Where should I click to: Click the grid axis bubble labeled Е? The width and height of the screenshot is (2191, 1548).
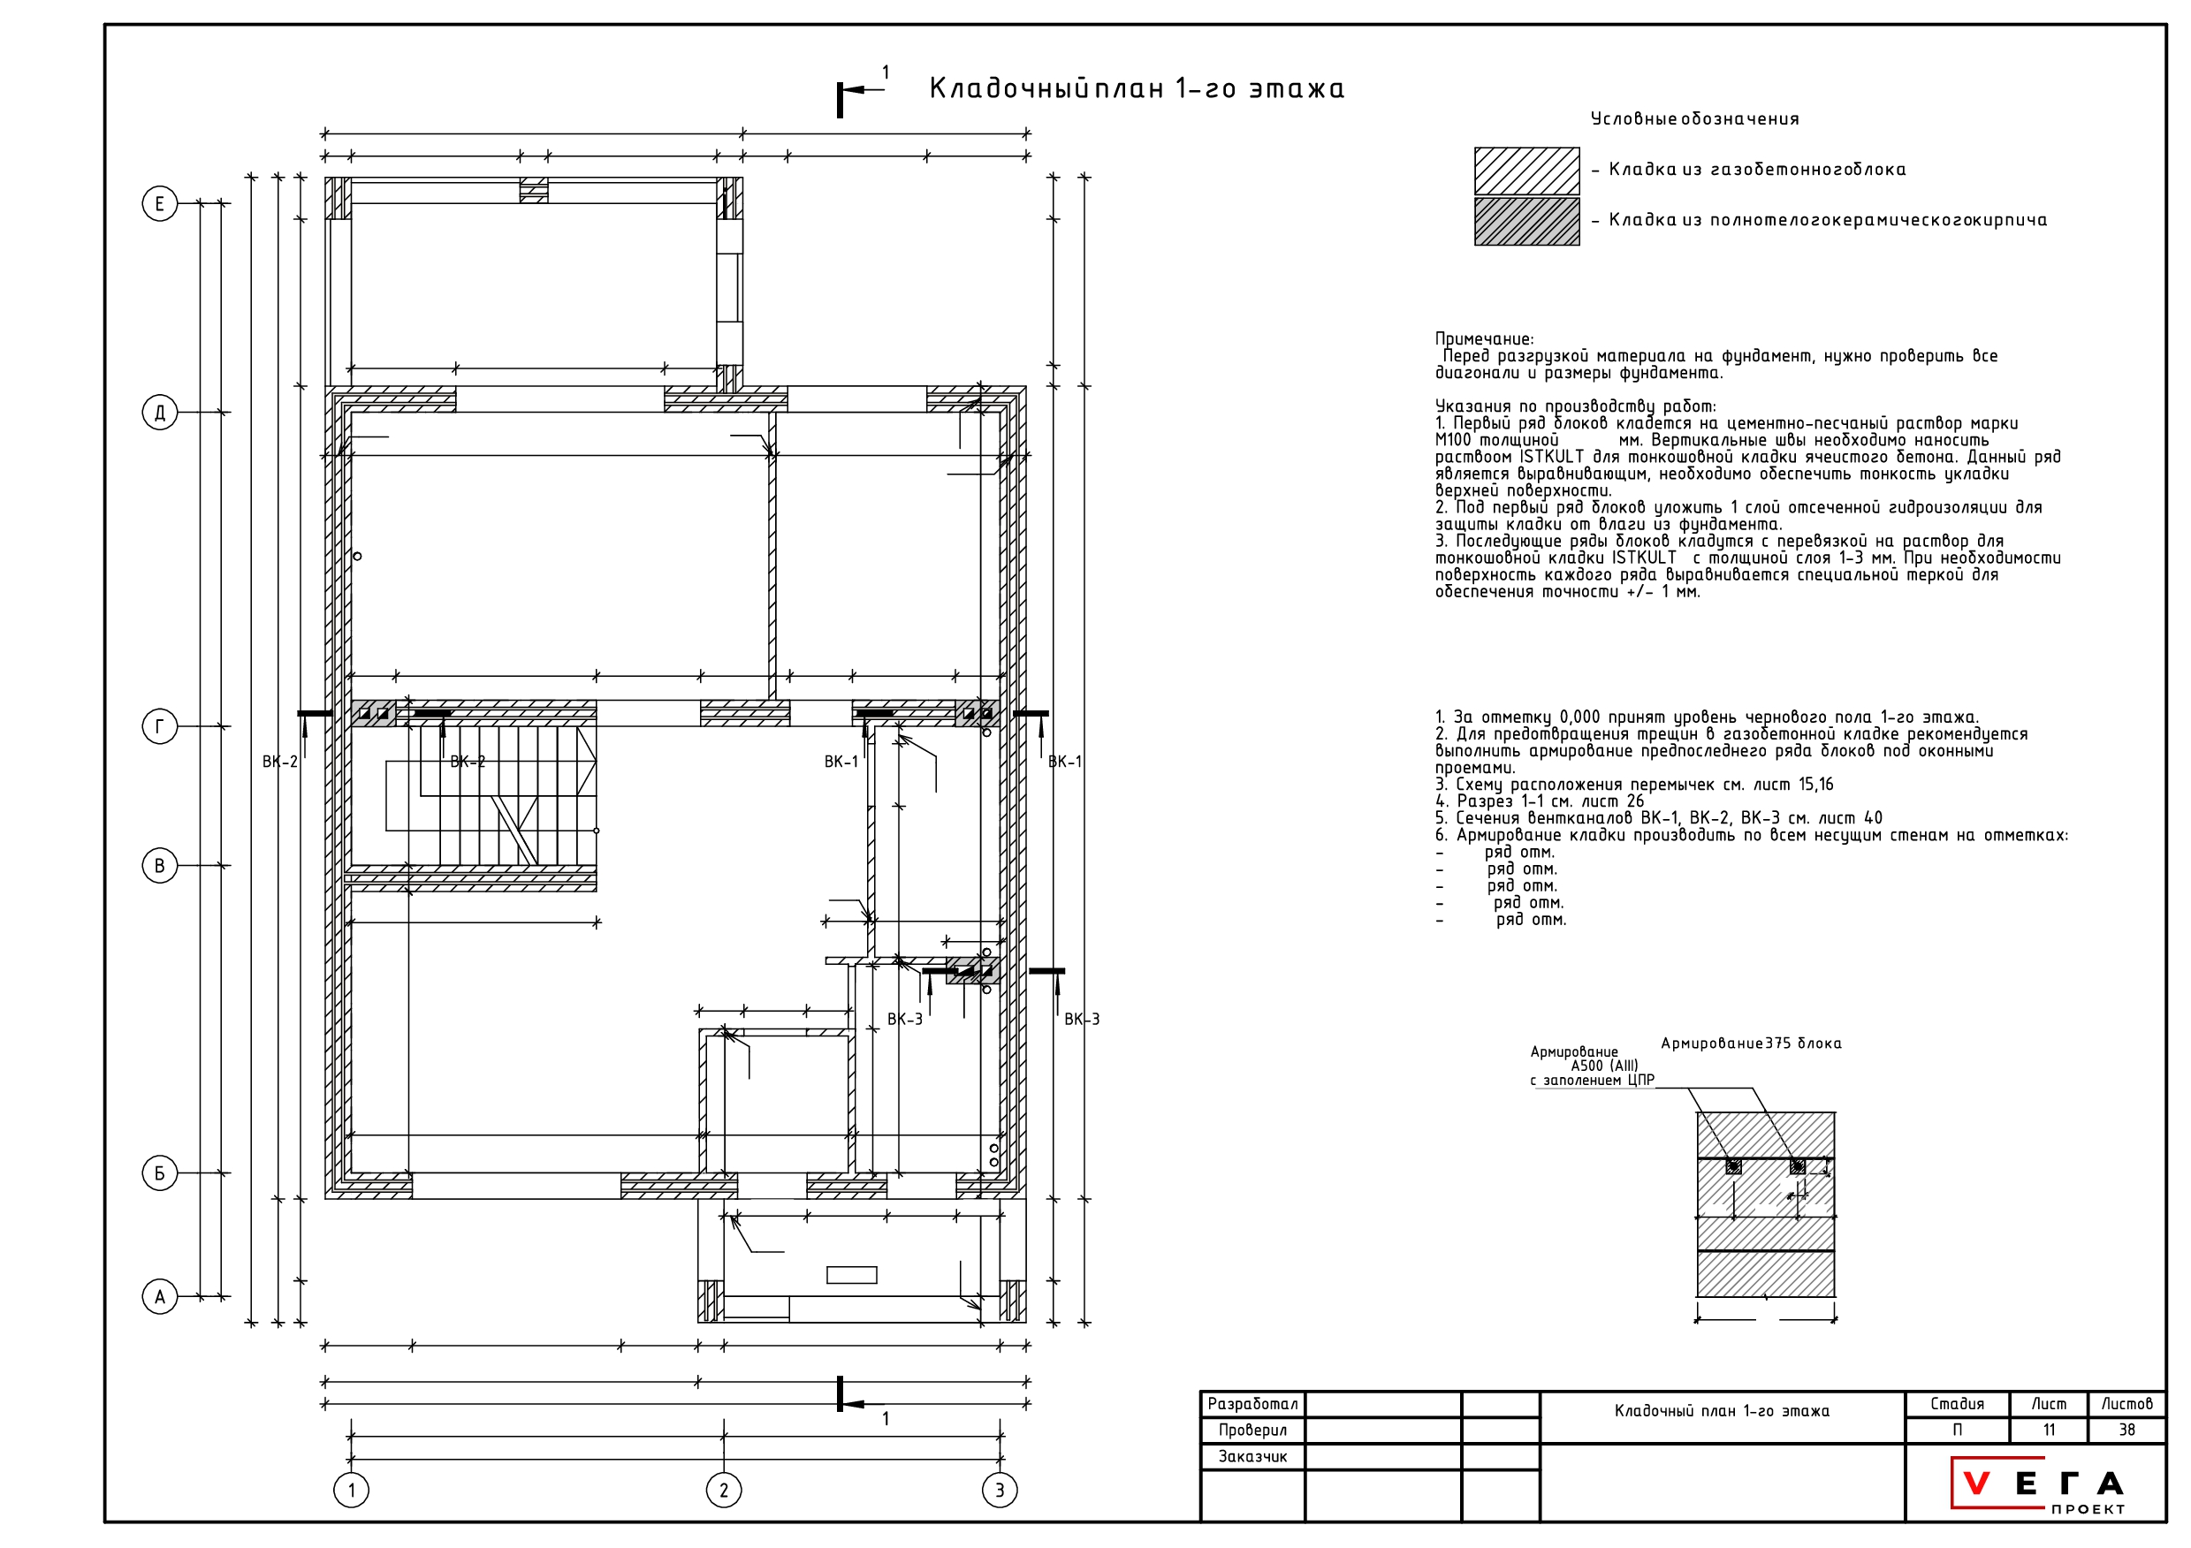click(x=159, y=203)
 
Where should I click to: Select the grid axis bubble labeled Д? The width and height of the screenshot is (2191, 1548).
click(x=159, y=412)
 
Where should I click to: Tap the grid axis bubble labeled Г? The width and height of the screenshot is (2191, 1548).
click(x=159, y=727)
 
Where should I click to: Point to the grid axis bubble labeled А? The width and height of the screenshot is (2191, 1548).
click(x=159, y=1297)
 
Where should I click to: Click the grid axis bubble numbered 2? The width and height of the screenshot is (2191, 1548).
click(x=723, y=1490)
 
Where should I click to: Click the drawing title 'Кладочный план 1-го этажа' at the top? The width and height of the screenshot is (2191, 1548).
click(x=1136, y=88)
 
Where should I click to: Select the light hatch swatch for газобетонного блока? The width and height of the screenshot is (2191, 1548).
click(x=1527, y=171)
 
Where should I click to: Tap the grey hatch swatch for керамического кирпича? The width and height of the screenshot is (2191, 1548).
click(x=1527, y=221)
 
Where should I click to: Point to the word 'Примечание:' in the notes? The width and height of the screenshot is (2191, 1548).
click(x=1484, y=338)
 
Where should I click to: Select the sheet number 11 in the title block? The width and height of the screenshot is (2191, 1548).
click(x=2049, y=1430)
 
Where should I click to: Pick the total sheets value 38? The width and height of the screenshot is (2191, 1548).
click(x=2127, y=1430)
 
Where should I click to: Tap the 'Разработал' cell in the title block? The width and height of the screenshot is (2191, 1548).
click(x=1252, y=1404)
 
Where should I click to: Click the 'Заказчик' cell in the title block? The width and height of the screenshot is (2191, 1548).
click(x=1252, y=1456)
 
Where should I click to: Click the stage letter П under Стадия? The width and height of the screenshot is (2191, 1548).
click(x=1957, y=1430)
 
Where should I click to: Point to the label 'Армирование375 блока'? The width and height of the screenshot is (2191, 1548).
click(x=1751, y=1043)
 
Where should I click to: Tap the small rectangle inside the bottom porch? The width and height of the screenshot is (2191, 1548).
click(x=851, y=1275)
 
